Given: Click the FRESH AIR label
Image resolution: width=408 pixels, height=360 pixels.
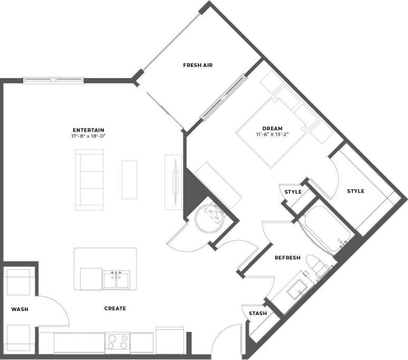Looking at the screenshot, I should click(x=197, y=65).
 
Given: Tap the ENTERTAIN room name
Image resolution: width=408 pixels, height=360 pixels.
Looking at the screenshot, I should click(x=89, y=130).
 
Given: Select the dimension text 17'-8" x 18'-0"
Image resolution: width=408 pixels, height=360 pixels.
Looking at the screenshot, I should click(x=89, y=136).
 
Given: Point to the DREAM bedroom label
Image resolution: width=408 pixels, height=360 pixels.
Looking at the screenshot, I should click(x=273, y=128).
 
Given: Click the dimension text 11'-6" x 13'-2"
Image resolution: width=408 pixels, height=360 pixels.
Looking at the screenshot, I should click(x=273, y=134).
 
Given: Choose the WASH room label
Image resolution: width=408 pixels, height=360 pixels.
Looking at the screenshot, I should click(x=20, y=309).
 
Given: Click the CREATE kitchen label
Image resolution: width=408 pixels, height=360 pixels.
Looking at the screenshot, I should click(x=115, y=308).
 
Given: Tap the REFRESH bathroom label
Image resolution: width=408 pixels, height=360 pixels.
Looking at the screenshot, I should click(x=287, y=258).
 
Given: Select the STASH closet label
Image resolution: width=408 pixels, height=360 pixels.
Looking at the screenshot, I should click(x=258, y=314).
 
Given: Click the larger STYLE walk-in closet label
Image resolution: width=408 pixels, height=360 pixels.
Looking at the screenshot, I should click(x=355, y=191).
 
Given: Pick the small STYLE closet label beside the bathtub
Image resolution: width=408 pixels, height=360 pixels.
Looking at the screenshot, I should click(x=293, y=192).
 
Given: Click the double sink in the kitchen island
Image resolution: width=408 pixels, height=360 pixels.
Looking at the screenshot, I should click(x=116, y=279).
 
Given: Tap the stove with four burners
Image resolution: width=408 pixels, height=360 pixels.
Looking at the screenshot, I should click(x=118, y=343).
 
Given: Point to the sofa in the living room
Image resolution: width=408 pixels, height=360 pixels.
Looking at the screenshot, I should click(x=89, y=179).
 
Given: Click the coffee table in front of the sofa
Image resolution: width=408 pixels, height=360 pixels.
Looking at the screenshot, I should click(x=129, y=180).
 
